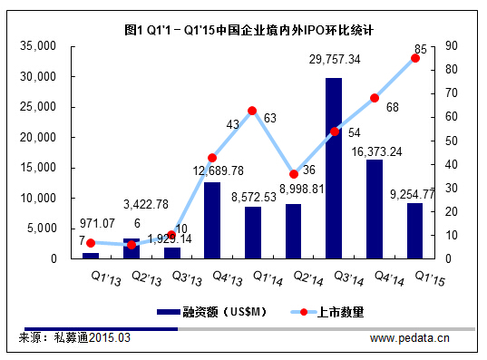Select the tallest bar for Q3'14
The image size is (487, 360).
click(x=334, y=168)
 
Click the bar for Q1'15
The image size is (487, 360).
click(x=415, y=230)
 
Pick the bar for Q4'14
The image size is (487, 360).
click(x=375, y=209)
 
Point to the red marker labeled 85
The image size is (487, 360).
click(x=415, y=58)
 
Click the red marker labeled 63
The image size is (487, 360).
click(x=252, y=111)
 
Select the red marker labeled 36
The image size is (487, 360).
click(x=293, y=174)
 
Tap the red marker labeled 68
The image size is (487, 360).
click(x=375, y=98)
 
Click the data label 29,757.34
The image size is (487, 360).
click(x=335, y=59)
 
